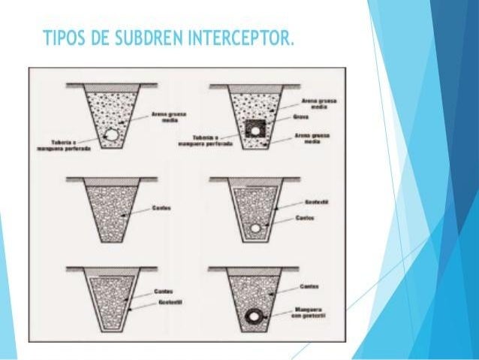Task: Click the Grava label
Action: coord(303,117)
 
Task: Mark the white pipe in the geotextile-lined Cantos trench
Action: coord(256,228)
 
